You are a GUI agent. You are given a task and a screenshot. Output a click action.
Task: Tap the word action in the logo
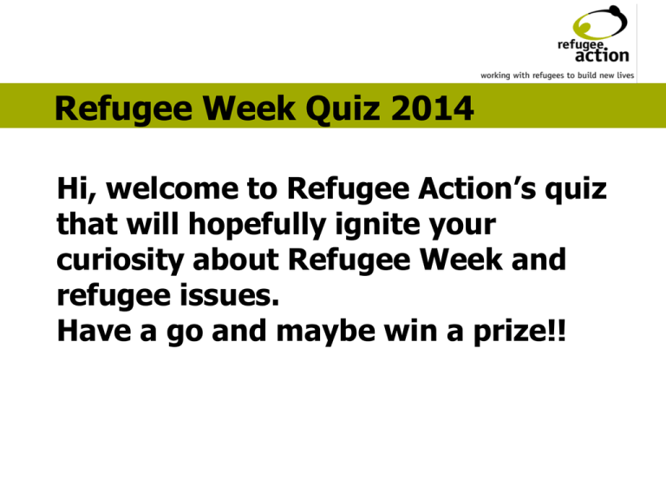click(600, 56)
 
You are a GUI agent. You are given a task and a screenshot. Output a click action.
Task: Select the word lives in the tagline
click(624, 76)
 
